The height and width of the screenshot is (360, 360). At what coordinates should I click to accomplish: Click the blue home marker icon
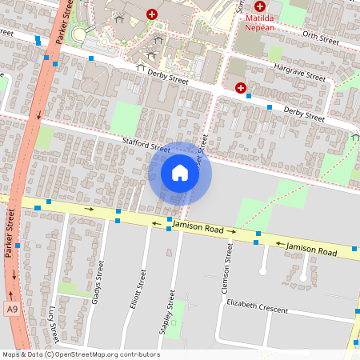(180, 173)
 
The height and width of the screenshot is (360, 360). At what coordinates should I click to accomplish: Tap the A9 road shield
(11, 308)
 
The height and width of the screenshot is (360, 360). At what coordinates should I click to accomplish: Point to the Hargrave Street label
(300, 74)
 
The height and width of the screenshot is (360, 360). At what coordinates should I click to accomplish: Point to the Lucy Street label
(52, 321)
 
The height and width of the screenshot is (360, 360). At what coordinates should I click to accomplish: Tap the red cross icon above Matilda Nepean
(260, 6)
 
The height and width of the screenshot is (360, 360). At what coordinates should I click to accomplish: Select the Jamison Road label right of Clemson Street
(313, 250)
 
